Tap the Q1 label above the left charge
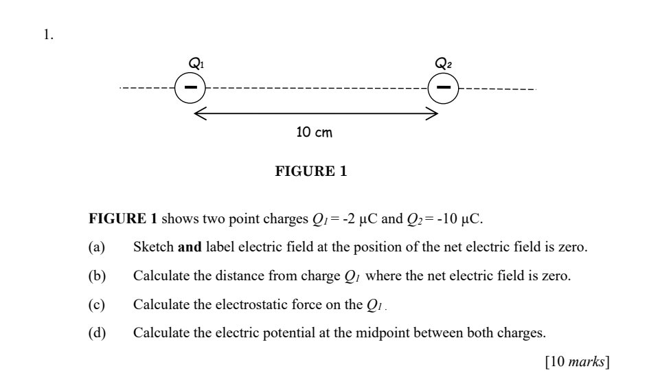pyautogui.click(x=196, y=64)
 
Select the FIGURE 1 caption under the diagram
pyautogui.click(x=311, y=172)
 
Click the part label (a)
pyautogui.click(x=97, y=248)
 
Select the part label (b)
pyautogui.click(x=97, y=276)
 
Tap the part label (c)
pyautogui.click(x=97, y=305)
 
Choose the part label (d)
pyautogui.click(x=97, y=334)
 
